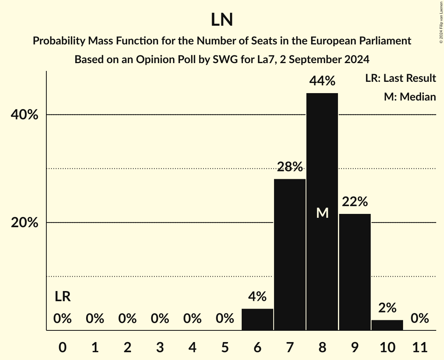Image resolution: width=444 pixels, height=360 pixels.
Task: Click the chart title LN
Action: [222, 20]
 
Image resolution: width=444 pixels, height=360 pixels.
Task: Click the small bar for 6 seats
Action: [257, 319]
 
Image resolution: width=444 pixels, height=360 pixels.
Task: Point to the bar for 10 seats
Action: [387, 325]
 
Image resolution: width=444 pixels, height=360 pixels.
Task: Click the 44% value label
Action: [322, 81]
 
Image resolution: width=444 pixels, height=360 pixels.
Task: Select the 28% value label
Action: [290, 167]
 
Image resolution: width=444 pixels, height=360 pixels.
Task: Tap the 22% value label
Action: [355, 202]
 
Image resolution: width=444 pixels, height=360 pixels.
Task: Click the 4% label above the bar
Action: [257, 296]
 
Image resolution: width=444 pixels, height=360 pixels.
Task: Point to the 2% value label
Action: [387, 308]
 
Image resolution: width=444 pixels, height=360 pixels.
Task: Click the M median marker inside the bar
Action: [322, 213]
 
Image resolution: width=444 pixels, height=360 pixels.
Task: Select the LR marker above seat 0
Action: [62, 296]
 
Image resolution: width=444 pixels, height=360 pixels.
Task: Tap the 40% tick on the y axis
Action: [24, 115]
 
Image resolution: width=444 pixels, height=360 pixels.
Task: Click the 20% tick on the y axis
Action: [24, 223]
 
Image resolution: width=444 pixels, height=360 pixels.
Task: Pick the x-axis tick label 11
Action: [419, 347]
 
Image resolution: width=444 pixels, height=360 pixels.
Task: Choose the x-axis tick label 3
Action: [160, 347]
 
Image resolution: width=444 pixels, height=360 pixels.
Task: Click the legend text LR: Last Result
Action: [400, 78]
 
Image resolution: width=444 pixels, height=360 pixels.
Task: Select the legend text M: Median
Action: [410, 97]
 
